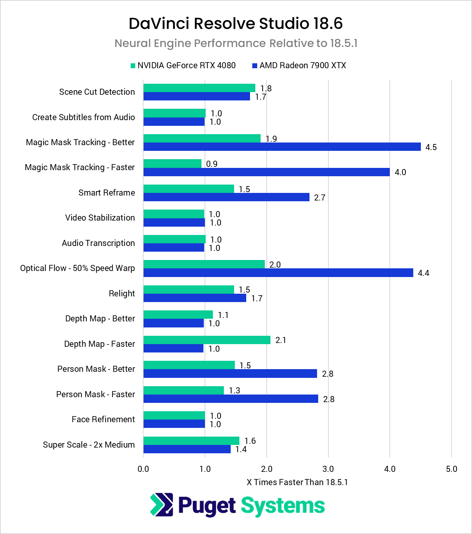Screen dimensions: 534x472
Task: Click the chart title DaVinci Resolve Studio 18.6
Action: [x=236, y=23]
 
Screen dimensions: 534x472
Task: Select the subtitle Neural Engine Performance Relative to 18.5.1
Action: [x=236, y=43]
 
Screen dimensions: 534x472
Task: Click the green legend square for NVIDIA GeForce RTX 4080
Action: [x=133, y=66]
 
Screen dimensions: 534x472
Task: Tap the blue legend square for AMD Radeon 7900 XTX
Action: [x=255, y=66]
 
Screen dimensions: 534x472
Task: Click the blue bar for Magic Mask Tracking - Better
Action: [x=282, y=147]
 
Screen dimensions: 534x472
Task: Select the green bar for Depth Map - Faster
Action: [x=207, y=340]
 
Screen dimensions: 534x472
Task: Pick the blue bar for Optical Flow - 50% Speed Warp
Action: [x=278, y=273]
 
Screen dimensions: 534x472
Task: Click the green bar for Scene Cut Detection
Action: [x=199, y=88]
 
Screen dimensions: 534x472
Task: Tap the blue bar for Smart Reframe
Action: [x=226, y=197]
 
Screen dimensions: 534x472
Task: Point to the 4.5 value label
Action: [x=431, y=147]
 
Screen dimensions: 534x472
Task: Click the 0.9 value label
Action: [x=212, y=164]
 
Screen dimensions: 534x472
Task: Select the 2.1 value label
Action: [x=281, y=340]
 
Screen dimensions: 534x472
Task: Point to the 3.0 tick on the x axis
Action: [x=328, y=469]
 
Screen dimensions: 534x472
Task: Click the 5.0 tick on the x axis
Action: [x=452, y=469]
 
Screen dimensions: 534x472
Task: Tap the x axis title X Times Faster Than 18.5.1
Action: [x=297, y=482]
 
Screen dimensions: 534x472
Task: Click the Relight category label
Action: [x=122, y=294]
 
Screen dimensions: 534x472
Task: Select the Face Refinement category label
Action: [x=103, y=420]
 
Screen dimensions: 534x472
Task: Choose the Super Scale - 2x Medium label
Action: [x=89, y=445]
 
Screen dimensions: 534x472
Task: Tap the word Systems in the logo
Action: [x=283, y=506]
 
